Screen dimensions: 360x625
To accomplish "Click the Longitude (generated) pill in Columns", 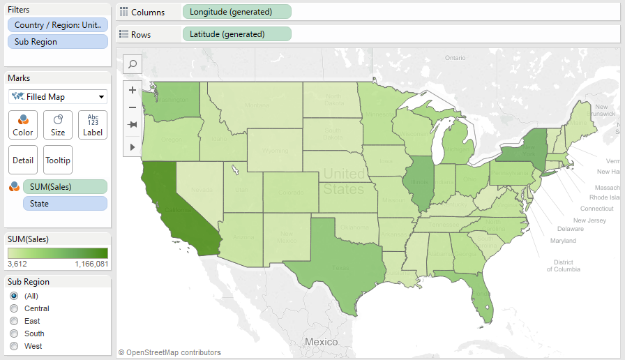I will (x=236, y=12).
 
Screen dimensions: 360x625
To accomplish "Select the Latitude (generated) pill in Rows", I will (x=236, y=34).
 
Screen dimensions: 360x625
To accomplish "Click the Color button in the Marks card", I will (x=23, y=125).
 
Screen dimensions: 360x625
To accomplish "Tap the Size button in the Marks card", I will (x=58, y=125).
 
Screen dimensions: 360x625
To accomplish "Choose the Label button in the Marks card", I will (x=93, y=125).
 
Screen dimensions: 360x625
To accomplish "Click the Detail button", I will (x=23, y=160).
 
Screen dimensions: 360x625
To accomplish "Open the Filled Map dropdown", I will (x=58, y=97).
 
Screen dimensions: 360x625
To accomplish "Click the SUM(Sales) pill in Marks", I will (x=65, y=186).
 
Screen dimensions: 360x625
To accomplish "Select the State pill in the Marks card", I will (x=65, y=203).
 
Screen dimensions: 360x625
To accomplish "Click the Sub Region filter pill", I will (x=58, y=42).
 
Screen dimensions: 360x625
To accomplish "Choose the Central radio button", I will (x=14, y=308).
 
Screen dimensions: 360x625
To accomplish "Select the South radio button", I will (x=14, y=333).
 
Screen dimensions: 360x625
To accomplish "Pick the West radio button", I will (x=14, y=346).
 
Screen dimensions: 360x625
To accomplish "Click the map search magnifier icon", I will (x=133, y=64).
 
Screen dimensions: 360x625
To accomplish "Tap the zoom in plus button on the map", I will (x=133, y=90).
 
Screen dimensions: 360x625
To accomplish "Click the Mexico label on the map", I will (x=321, y=342).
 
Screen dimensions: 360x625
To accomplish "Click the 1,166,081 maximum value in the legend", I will (x=91, y=264).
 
